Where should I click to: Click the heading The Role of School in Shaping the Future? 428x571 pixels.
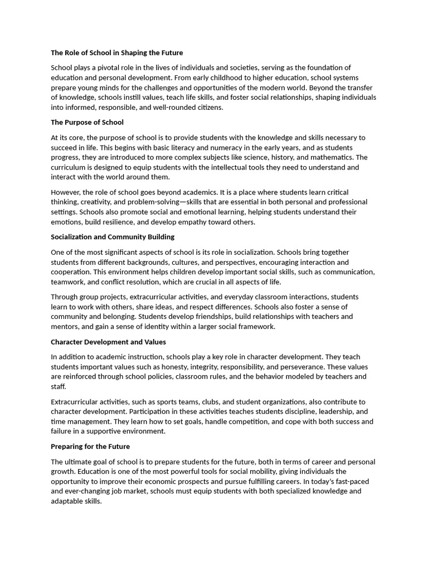tap(116, 53)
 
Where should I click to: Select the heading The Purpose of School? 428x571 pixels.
tap(87, 122)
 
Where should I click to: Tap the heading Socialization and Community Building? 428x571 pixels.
tap(113, 237)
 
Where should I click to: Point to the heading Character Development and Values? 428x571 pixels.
tap(108, 342)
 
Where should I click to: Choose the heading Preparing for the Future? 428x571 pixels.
tap(90, 447)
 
